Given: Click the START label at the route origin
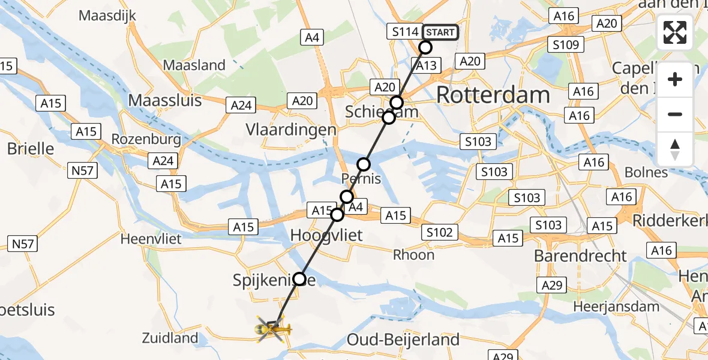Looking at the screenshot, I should pos(440,32).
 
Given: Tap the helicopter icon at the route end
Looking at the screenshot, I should pos(273,329).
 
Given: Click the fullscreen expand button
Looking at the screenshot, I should pos(675,32).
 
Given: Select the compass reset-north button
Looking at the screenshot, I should pos(675,149).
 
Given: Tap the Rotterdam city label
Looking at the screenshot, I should pos(493,95).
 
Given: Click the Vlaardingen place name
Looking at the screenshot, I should pos(291,130).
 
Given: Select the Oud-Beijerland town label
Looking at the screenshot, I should pos(412,340).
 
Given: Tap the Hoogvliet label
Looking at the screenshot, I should pos(326,235).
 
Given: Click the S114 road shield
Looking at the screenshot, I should pos(405,32).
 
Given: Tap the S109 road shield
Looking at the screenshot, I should pos(565,44).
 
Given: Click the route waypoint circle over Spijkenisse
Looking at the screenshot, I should pos(299,278).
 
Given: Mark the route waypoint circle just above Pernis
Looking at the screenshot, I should pos(364,164).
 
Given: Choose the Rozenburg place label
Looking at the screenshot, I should pos(146,140).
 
